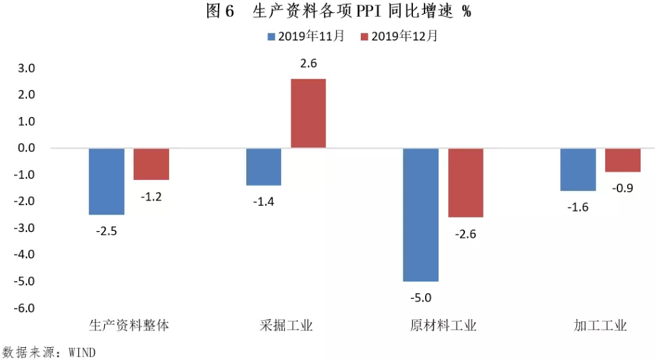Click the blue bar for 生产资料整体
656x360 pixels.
[106, 181]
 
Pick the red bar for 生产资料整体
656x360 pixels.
[151, 164]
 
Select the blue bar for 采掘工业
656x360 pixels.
[264, 166]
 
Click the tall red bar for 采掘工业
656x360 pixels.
[309, 114]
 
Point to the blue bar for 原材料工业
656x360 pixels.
[421, 215]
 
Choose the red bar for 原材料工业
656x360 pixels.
[466, 183]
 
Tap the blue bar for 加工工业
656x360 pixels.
[578, 170]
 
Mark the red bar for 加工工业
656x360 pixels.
[623, 160]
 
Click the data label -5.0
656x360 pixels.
[421, 297]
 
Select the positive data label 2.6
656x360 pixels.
[309, 64]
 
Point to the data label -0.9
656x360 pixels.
[623, 188]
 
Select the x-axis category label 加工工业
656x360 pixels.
[600, 325]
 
